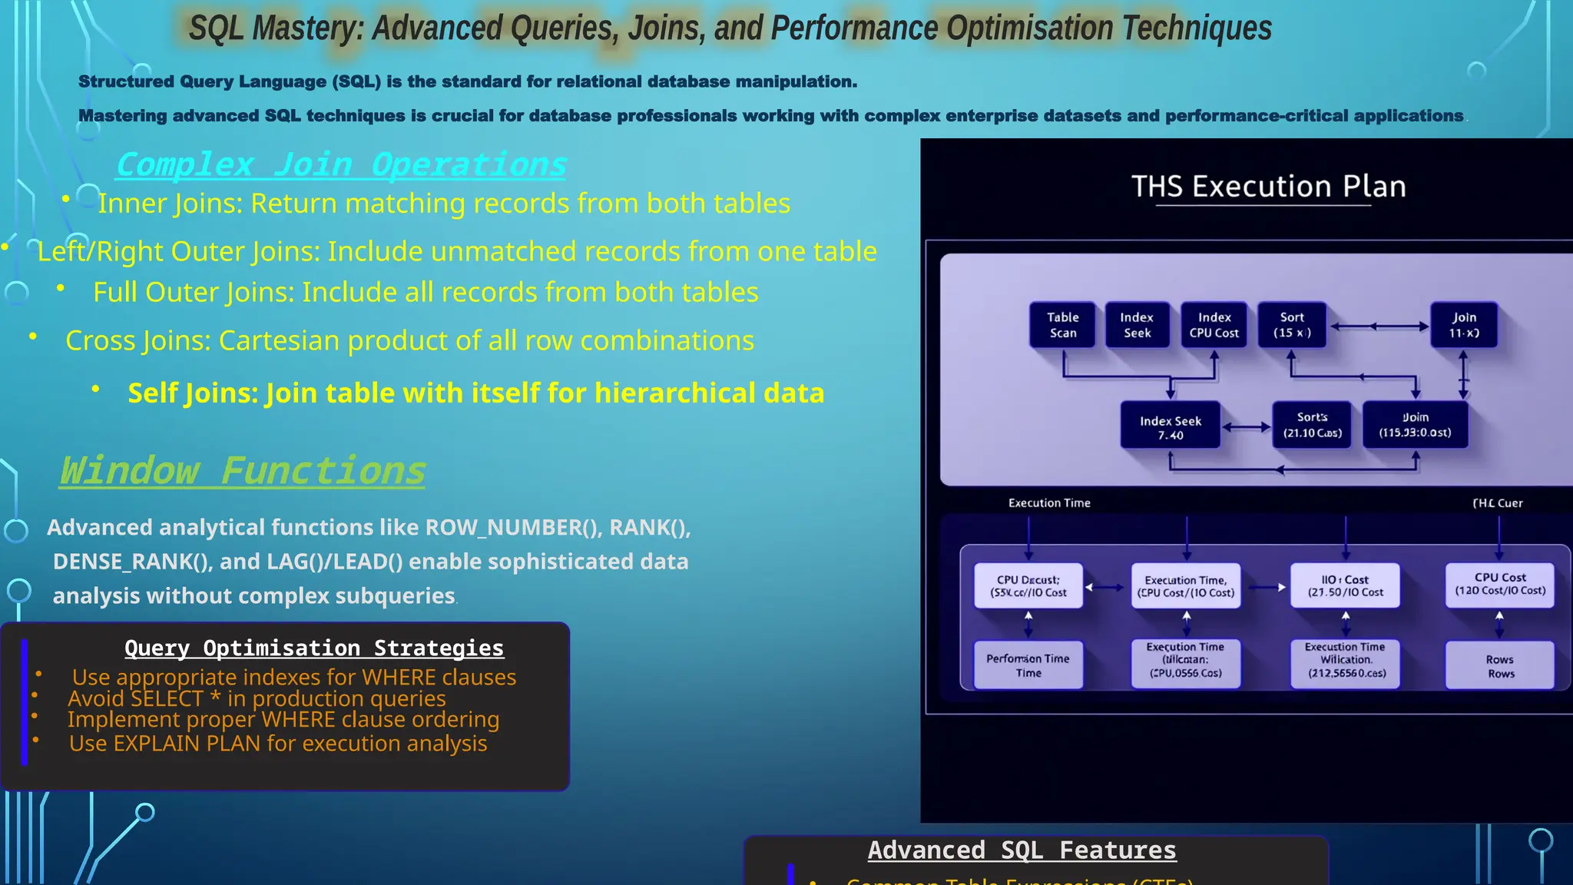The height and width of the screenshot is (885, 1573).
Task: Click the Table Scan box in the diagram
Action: click(1062, 325)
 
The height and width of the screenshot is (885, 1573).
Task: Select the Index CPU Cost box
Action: click(1214, 325)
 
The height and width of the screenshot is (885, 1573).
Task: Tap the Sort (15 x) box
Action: click(1292, 325)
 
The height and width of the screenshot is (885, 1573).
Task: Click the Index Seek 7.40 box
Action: click(1170, 427)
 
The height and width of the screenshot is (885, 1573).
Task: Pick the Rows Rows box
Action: click(1500, 666)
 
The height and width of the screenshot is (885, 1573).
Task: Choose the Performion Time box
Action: click(1028, 665)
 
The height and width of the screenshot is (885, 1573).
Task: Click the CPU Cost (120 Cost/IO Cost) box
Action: click(1499, 584)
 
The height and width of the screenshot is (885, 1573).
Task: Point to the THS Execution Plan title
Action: click(1268, 187)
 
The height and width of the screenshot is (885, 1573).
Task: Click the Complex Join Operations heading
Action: click(341, 164)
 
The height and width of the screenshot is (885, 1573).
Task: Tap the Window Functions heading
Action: click(243, 470)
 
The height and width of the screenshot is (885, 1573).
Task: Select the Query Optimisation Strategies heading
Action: click(314, 648)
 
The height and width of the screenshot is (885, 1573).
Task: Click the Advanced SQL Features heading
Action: click(1022, 850)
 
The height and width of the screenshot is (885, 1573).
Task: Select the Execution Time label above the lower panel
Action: click(1049, 502)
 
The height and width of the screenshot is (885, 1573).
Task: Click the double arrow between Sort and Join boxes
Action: click(1379, 326)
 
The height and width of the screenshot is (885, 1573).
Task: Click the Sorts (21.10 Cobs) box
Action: click(1312, 425)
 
